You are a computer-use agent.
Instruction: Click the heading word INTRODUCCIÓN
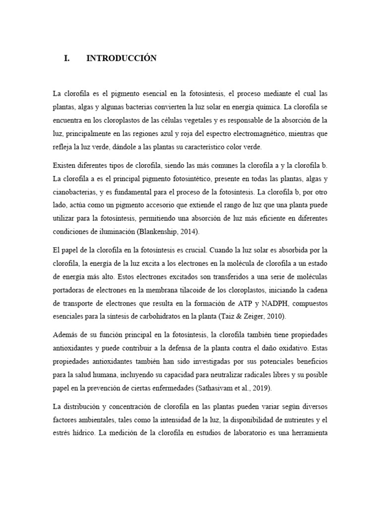point(122,59)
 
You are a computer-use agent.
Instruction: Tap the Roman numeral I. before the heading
point(67,59)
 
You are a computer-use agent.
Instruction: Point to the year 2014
point(193,232)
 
